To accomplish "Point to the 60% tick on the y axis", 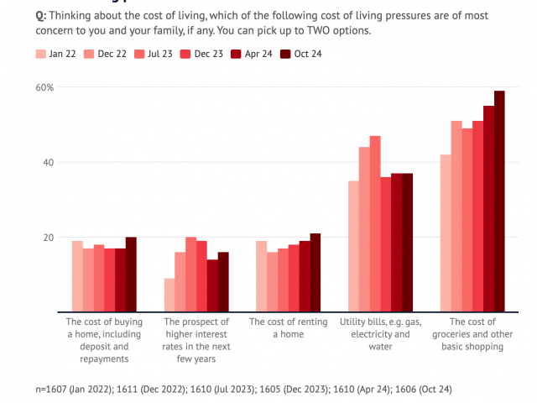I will click(x=44, y=87).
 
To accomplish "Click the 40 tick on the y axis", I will click(x=49, y=162).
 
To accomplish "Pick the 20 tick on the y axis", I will click(x=49, y=237).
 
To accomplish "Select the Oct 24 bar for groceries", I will click(x=499, y=201).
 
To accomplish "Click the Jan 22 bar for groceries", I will click(x=446, y=233).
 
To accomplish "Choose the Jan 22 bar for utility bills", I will click(x=353, y=246).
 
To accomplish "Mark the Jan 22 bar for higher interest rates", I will click(x=169, y=295).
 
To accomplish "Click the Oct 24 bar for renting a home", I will click(x=315, y=272).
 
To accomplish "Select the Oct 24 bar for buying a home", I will click(x=131, y=274).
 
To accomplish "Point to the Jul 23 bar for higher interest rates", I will click(x=190, y=275).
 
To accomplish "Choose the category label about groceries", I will click(x=472, y=334).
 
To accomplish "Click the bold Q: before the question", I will click(x=40, y=16).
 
